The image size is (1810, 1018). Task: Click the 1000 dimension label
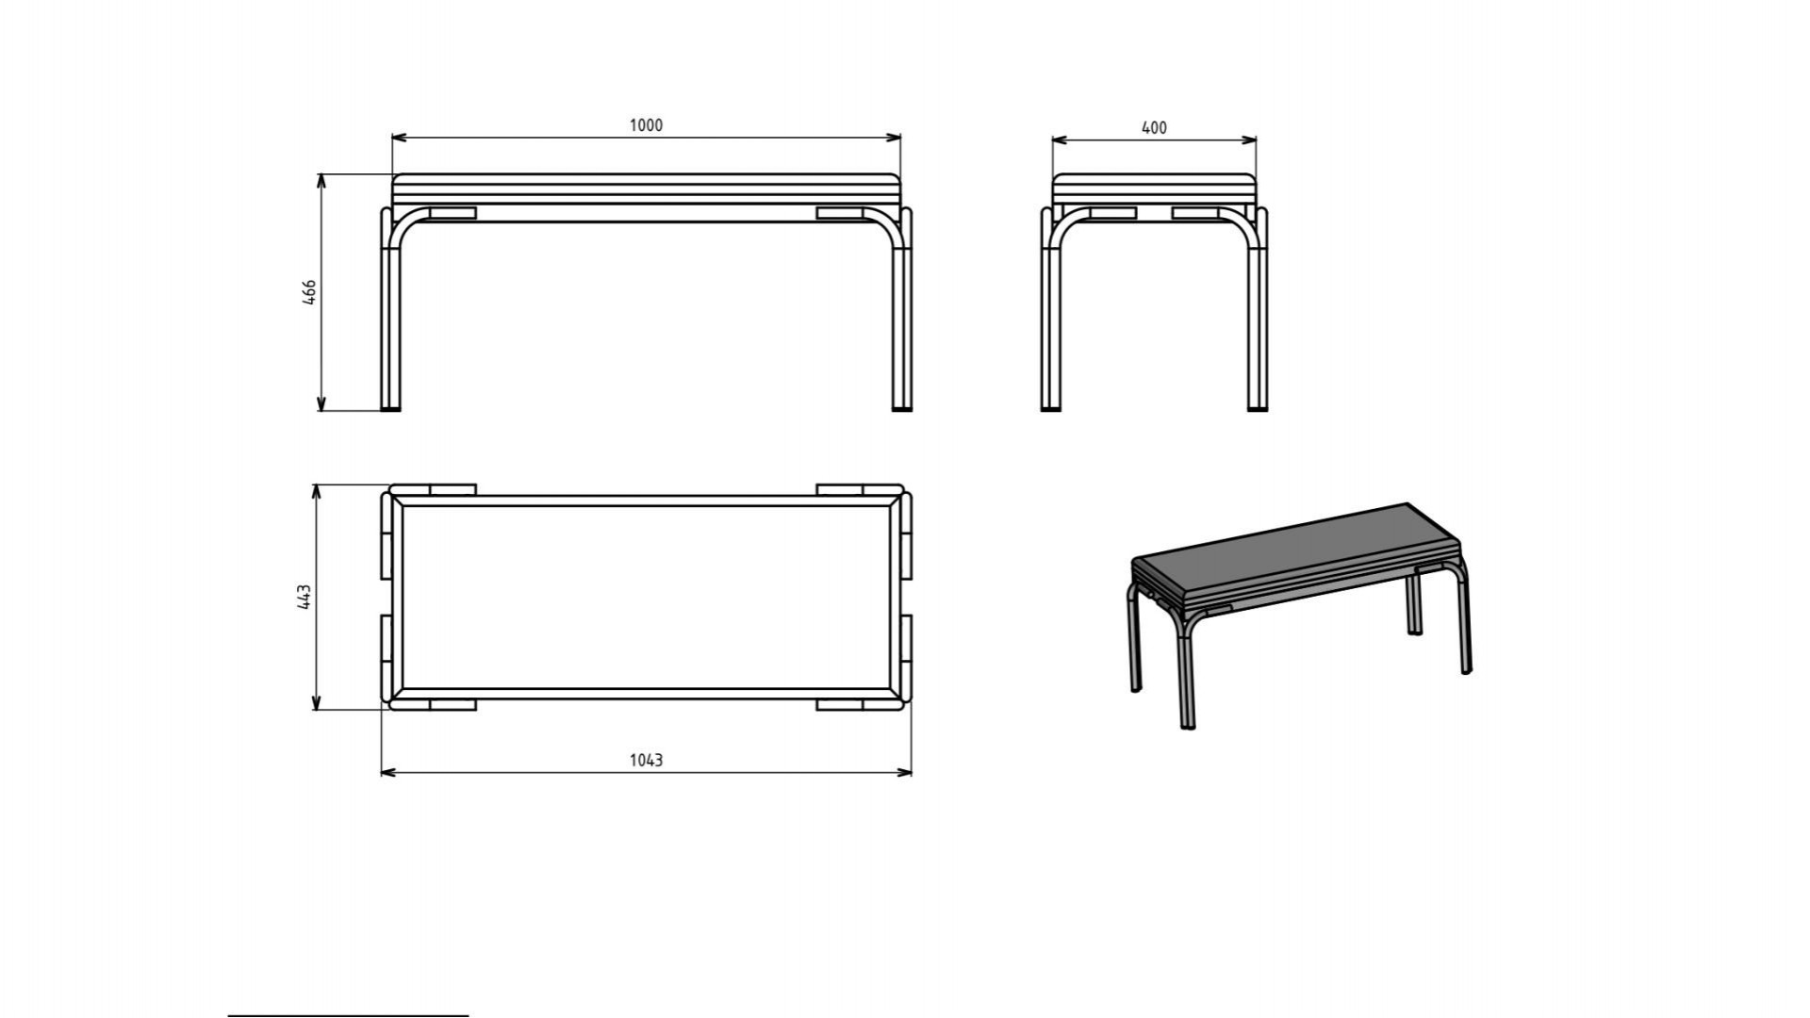pyautogui.click(x=646, y=125)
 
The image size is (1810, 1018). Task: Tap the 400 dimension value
pyautogui.click(x=1154, y=127)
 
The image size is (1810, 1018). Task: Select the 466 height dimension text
pyautogui.click(x=309, y=291)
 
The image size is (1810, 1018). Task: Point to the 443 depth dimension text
pyautogui.click(x=304, y=597)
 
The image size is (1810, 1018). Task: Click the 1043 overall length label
pyautogui.click(x=646, y=760)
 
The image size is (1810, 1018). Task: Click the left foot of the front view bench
pyautogui.click(x=390, y=408)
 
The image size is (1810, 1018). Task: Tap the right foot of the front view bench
pyautogui.click(x=902, y=408)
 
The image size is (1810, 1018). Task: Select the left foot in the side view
pyautogui.click(x=1051, y=408)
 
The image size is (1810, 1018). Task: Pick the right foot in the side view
pyautogui.click(x=1258, y=408)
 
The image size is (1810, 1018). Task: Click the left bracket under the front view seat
pyautogui.click(x=452, y=214)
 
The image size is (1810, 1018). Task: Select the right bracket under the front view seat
pyautogui.click(x=840, y=214)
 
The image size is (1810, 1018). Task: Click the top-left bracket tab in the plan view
pyautogui.click(x=452, y=490)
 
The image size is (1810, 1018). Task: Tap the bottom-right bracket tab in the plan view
pyautogui.click(x=840, y=704)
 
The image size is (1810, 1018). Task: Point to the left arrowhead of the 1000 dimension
pyautogui.click(x=399, y=138)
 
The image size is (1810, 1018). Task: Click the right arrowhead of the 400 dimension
pyautogui.click(x=1249, y=140)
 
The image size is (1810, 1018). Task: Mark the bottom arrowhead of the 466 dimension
pyautogui.click(x=321, y=403)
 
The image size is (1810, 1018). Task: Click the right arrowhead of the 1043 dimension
pyautogui.click(x=904, y=773)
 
